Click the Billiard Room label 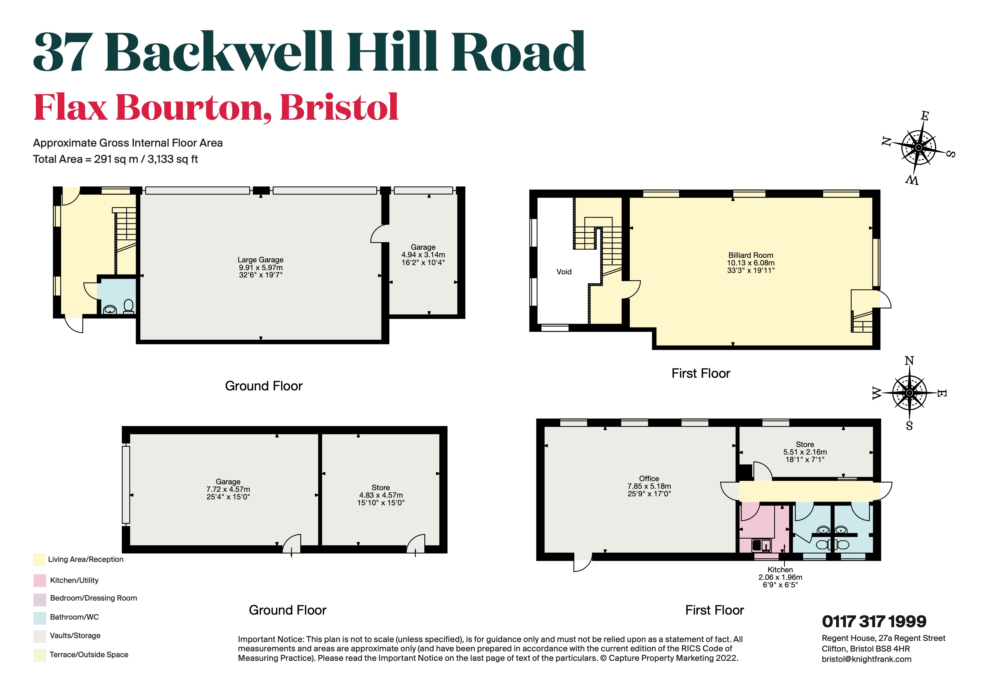[751, 255]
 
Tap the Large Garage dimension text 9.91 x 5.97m [260, 267]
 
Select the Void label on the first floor [564, 272]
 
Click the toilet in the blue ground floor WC [128, 306]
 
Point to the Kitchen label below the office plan [780, 570]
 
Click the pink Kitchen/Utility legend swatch [40, 580]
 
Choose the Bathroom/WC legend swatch [40, 618]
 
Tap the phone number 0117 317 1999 [874, 621]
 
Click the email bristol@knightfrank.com [866, 659]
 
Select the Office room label [649, 478]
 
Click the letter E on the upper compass [925, 116]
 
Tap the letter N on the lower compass [909, 361]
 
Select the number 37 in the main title [63, 53]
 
